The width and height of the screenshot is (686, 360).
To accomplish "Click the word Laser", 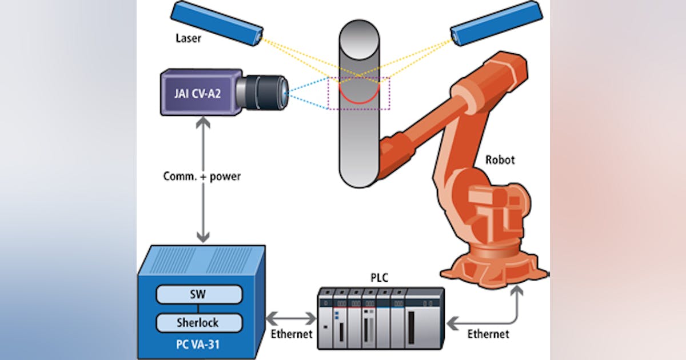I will (188, 39).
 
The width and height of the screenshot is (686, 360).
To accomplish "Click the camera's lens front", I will (284, 93).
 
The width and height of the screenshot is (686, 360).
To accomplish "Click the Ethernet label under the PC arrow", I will (291, 333).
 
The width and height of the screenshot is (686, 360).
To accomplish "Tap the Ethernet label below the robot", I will (487, 333).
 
